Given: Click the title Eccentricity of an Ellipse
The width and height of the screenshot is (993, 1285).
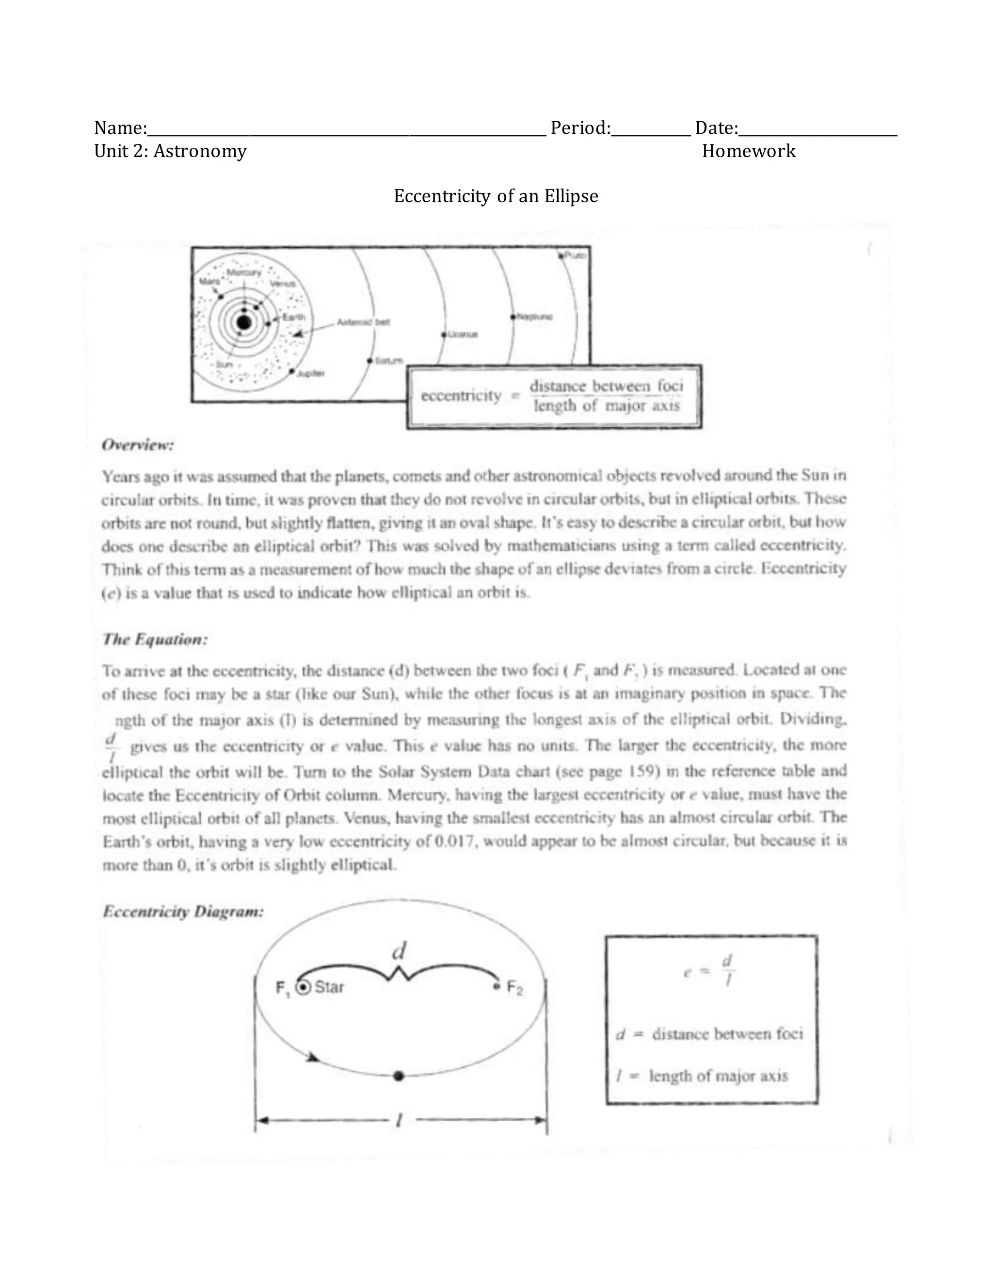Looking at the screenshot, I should pos(496,196).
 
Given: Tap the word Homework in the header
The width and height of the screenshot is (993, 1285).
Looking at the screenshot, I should pos(748,151).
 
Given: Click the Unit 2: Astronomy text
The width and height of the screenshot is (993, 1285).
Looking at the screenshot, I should pos(171,151).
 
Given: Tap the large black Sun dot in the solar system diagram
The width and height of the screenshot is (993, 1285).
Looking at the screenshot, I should pos(244,322).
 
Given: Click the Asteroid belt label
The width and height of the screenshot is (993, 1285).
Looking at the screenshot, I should pos(363,322).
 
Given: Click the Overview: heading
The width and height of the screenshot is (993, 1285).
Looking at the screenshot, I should pos(138,446).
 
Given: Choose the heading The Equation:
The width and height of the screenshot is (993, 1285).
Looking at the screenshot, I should pos(155,639).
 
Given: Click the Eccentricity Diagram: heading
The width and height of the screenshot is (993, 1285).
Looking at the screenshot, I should pos(183,912).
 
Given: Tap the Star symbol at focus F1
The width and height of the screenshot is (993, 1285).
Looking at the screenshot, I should pos(303,988).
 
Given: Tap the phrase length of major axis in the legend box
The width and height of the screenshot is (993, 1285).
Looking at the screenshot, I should pos(718,1076).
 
